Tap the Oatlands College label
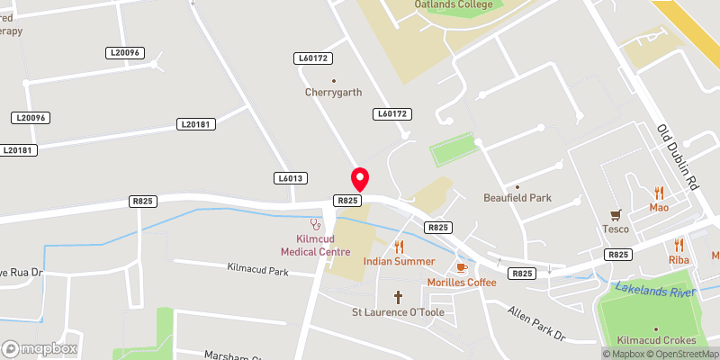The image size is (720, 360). pos(454,4)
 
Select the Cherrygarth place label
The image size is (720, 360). pos(334,92)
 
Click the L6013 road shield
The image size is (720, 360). pos(290,178)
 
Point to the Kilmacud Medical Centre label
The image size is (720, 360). pos(310,245)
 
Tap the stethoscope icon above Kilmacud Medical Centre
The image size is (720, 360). pos(315,222)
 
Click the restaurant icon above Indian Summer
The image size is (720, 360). pos(399,246)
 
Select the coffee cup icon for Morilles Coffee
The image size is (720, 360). pos(462,267)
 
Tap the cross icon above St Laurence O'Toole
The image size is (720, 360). pos(398,296)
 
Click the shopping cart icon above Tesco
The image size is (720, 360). pos(616,214)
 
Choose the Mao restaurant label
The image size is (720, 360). pos(660,207)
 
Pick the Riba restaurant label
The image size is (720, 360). pos(679,259)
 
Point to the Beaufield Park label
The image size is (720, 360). pos(517,197)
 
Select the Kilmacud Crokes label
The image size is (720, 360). pos(656,340)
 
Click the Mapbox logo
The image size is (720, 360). pos(40,348)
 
